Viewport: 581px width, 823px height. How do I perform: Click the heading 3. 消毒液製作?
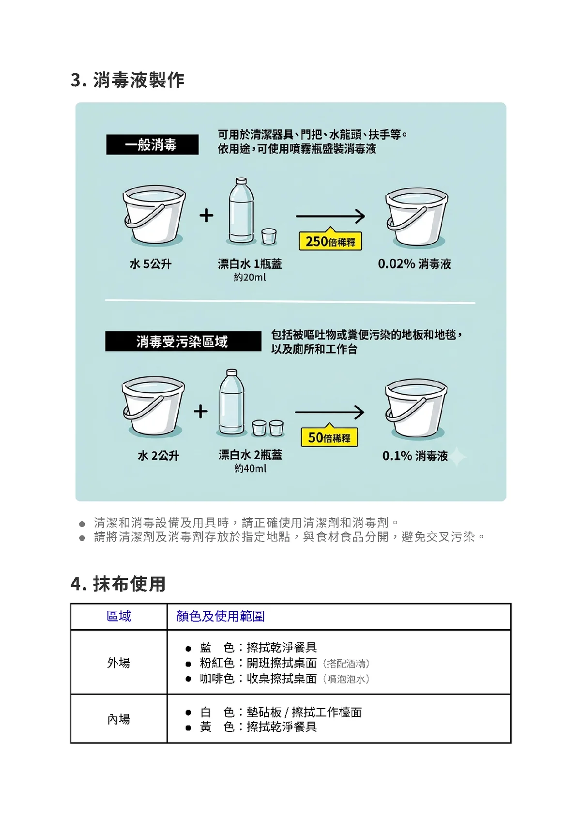(127, 80)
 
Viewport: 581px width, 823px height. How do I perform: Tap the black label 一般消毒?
(153, 144)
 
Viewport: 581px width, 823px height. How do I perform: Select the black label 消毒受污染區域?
(183, 342)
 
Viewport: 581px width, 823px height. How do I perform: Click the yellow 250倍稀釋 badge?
(330, 241)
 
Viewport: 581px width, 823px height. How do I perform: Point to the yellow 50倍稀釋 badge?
(329, 436)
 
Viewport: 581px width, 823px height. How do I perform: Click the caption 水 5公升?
(151, 264)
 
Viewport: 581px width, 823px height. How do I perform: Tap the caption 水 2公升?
(158, 456)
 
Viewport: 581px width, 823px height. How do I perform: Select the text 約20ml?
(250, 277)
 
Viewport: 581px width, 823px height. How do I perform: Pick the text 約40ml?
(250, 468)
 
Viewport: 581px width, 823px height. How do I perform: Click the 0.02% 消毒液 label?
(414, 264)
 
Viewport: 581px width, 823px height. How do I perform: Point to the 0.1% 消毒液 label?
(415, 456)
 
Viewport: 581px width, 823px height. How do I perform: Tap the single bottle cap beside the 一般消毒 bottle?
(269, 236)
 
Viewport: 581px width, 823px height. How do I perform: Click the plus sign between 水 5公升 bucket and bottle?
(206, 215)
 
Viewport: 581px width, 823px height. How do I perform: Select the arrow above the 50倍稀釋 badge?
(329, 412)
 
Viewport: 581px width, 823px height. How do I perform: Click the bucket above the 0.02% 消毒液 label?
(417, 216)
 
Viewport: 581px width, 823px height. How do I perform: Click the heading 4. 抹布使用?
(118, 584)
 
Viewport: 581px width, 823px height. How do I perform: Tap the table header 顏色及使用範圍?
(220, 616)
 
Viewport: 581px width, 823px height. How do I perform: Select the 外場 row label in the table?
(119, 663)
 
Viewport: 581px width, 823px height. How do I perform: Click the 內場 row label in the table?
(119, 719)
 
